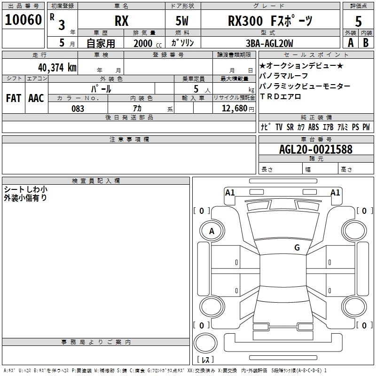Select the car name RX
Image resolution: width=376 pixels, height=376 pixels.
pos(122,21)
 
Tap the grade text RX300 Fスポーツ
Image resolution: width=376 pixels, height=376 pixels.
pos(270,21)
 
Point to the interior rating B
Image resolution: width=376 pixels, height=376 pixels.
pos(366,43)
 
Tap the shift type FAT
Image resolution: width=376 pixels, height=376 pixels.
pos(14,98)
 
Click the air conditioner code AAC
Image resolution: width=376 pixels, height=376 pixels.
pos(36,98)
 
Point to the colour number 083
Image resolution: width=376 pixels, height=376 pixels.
pos(78,109)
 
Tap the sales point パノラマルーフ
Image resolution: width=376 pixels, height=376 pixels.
pos(284,76)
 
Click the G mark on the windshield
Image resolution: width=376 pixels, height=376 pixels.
pos(297,247)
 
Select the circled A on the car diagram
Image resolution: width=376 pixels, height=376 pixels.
pos(211,231)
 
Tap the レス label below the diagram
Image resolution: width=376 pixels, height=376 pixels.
pos(205,360)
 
